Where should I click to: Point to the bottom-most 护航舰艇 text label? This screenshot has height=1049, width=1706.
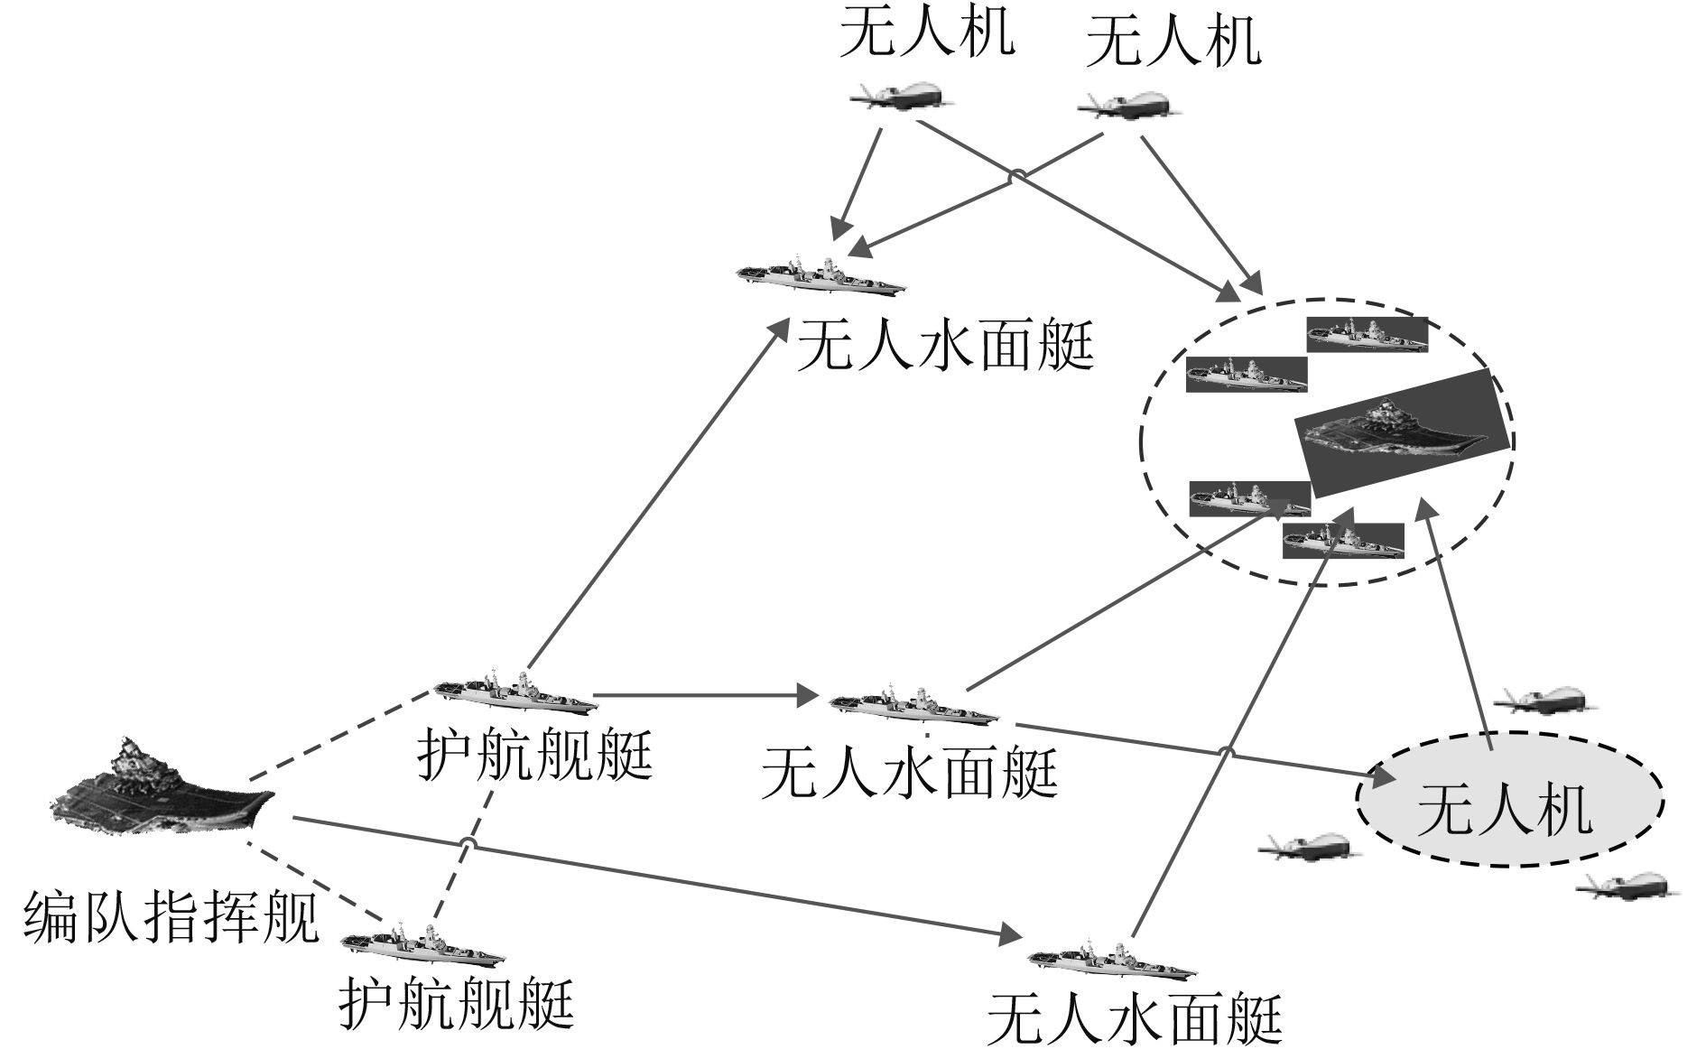(457, 1004)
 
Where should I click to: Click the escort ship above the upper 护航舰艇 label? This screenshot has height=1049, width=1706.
(515, 693)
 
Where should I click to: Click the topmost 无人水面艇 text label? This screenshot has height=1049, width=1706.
(944, 346)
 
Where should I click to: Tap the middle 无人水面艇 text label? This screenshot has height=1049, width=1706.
(908, 773)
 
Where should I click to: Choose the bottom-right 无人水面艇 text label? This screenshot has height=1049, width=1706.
(1134, 1018)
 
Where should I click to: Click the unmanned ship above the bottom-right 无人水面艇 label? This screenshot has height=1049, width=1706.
(1112, 962)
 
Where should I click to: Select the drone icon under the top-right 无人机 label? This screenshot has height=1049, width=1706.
(1130, 105)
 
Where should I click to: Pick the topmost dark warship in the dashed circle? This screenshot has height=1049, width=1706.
(1367, 334)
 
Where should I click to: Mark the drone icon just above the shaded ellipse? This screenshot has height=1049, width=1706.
(1542, 700)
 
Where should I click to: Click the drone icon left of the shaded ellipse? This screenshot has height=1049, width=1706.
(1305, 846)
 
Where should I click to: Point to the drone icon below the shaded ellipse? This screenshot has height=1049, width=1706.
(1627, 887)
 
